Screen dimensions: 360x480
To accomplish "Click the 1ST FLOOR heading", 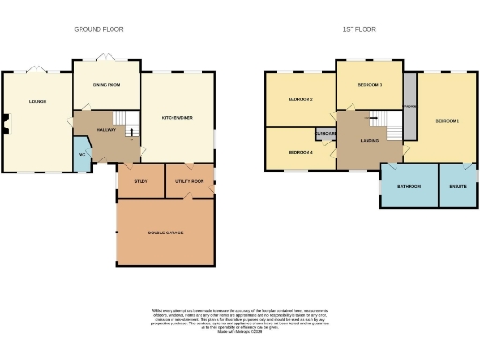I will coord(358,30).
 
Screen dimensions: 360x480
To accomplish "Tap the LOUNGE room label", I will coord(37,101).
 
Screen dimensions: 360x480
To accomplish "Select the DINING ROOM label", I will coord(106,85).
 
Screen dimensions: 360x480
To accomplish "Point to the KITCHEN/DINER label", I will coord(176,118).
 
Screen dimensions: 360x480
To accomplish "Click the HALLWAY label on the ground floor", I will coord(106,130).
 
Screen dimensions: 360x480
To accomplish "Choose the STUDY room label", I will coord(141,181).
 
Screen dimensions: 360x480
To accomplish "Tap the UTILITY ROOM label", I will coord(188,181).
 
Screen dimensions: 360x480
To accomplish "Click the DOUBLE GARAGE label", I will coord(166,232).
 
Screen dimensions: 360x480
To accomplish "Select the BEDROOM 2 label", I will coord(300,99).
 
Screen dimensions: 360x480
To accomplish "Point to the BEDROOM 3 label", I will coord(369,85).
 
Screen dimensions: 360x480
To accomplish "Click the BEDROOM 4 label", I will coord(300,152).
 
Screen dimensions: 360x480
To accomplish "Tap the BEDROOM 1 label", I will coord(446,121).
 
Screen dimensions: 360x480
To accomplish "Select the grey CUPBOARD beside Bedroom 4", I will coord(325,134).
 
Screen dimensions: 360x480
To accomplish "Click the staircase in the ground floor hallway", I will coord(132,132).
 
